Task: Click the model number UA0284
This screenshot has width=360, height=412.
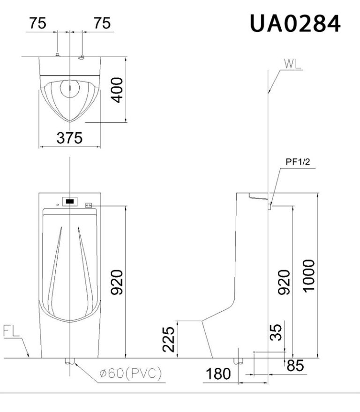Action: pos(295,23)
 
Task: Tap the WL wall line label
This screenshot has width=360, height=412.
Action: pos(292,64)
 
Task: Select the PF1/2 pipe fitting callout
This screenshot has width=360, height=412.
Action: pos(298,162)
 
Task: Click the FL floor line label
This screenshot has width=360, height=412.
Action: pos(11,331)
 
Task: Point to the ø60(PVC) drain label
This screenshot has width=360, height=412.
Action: pos(131,373)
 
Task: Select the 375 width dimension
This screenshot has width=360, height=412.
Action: pos(70,138)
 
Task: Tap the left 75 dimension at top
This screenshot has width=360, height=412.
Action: pos(37,23)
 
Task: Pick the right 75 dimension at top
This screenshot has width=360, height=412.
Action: pos(102,23)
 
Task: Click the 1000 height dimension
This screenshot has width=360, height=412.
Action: pos(309,276)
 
